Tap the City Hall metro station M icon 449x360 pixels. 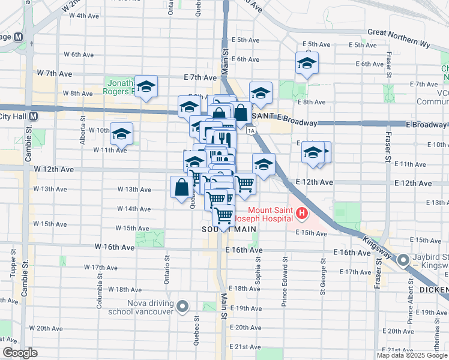point(34,116)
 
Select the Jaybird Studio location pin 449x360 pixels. point(402,260)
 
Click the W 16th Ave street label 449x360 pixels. point(114,247)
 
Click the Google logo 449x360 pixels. point(20,353)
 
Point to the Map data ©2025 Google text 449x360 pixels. point(412,355)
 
